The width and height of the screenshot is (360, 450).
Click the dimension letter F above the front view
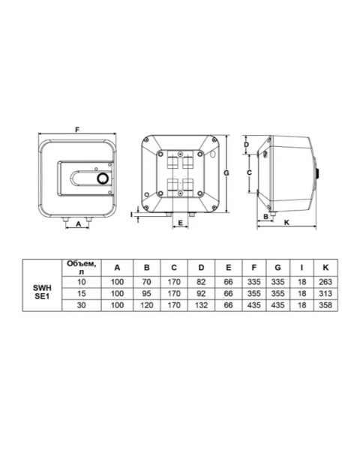tap(77, 130)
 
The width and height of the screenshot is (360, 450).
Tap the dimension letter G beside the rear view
tap(226, 172)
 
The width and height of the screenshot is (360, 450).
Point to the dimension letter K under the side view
tap(286, 223)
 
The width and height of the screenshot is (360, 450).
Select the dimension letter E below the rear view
tap(181, 223)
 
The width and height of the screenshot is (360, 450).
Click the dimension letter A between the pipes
tap(78, 224)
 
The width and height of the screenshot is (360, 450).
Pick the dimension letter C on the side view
tap(249, 172)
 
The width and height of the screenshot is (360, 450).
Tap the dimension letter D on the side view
tap(246, 145)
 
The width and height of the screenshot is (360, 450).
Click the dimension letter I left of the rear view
tap(131, 214)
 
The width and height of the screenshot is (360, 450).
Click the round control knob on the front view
tap(103, 178)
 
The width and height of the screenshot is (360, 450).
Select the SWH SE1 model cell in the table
tap(42, 292)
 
